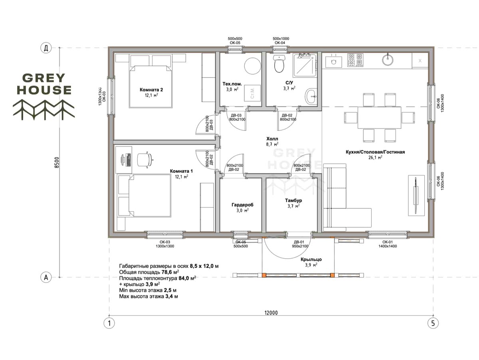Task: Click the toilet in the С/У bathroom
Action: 279,63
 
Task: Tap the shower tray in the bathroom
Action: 305,65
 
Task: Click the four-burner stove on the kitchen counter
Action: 355,60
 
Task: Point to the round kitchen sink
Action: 388,59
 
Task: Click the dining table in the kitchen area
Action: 379,117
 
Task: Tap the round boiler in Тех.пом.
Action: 253,66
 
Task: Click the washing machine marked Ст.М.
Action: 252,93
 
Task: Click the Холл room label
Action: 272,139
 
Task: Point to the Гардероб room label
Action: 242,205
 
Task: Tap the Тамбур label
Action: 293,200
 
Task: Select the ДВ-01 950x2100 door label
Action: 300,244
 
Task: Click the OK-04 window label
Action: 280,43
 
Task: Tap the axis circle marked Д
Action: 46,48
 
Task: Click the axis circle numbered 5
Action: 433,323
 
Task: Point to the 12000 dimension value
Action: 271,313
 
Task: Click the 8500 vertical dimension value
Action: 57,162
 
